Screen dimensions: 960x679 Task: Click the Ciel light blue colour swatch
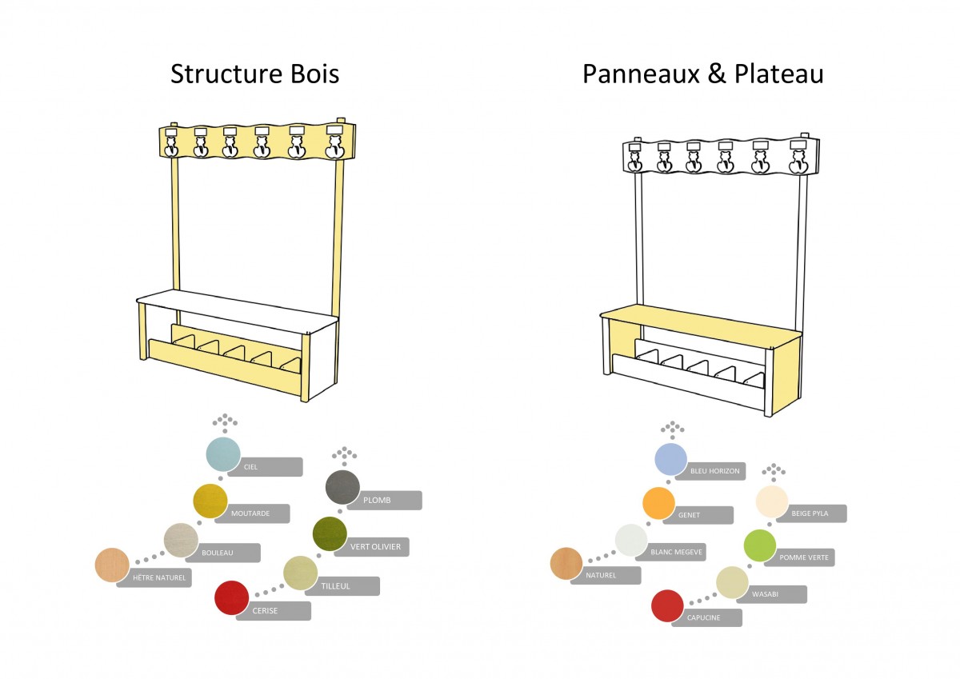point(223,454)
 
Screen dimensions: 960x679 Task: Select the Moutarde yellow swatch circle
point(210,501)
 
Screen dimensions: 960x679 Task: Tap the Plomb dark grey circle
point(342,487)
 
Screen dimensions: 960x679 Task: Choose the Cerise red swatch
point(231,597)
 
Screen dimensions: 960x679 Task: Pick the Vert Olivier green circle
point(330,533)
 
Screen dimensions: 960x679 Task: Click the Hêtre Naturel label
point(159,578)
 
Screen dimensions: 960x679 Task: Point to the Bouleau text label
point(218,553)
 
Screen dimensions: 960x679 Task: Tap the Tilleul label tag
point(335,586)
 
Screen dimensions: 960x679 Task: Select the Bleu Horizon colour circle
point(670,459)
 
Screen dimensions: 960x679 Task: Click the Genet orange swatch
point(658,503)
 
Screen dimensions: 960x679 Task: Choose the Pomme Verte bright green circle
point(759,545)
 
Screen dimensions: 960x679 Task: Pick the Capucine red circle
point(667,605)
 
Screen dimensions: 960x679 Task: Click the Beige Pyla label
point(810,513)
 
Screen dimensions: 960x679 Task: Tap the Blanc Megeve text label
point(676,552)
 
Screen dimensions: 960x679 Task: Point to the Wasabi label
point(765,594)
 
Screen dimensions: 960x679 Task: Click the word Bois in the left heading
point(315,74)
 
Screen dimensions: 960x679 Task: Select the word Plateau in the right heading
point(779,74)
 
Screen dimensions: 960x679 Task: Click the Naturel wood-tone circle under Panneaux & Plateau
point(566,563)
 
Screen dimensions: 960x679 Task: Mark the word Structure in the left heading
point(226,74)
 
